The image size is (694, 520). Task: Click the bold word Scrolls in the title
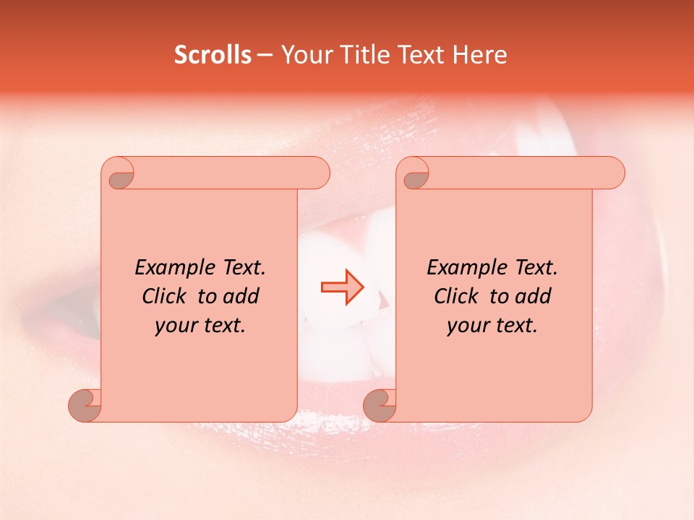coord(213,55)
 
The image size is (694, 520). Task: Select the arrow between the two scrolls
coord(343,287)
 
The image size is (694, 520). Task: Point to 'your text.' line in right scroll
coord(492,326)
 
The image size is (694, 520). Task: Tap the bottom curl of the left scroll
coord(85,406)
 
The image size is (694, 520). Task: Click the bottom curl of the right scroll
coord(380,406)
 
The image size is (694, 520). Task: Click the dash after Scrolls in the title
coord(265,55)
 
